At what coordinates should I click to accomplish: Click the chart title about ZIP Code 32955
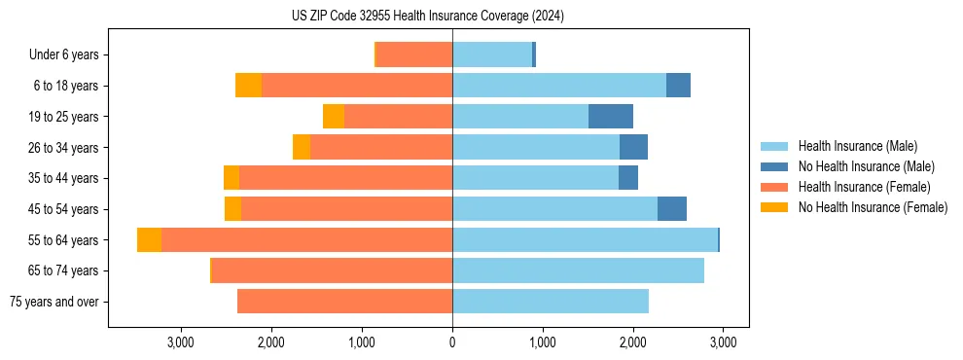[x=427, y=16]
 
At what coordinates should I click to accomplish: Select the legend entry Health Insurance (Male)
[x=857, y=146]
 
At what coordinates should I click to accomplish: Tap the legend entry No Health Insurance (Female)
[x=873, y=207]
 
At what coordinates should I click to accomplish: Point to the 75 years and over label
[x=53, y=302]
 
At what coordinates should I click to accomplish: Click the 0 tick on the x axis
[x=452, y=342]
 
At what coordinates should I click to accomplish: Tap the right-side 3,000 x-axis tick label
[x=722, y=342]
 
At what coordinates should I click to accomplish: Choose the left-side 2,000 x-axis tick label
[x=271, y=342]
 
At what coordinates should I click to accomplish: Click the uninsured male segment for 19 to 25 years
[x=611, y=117]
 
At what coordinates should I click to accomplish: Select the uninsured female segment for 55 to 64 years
[x=149, y=240]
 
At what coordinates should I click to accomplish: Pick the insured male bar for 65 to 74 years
[x=578, y=270]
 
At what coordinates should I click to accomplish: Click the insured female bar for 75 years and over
[x=344, y=302]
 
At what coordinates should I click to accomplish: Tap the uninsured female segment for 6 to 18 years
[x=248, y=86]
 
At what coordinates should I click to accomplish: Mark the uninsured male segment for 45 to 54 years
[x=672, y=209]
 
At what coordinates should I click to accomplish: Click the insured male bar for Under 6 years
[x=492, y=54]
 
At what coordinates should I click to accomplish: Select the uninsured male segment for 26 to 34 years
[x=633, y=147]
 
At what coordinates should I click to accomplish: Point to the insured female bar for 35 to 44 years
[x=345, y=178]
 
